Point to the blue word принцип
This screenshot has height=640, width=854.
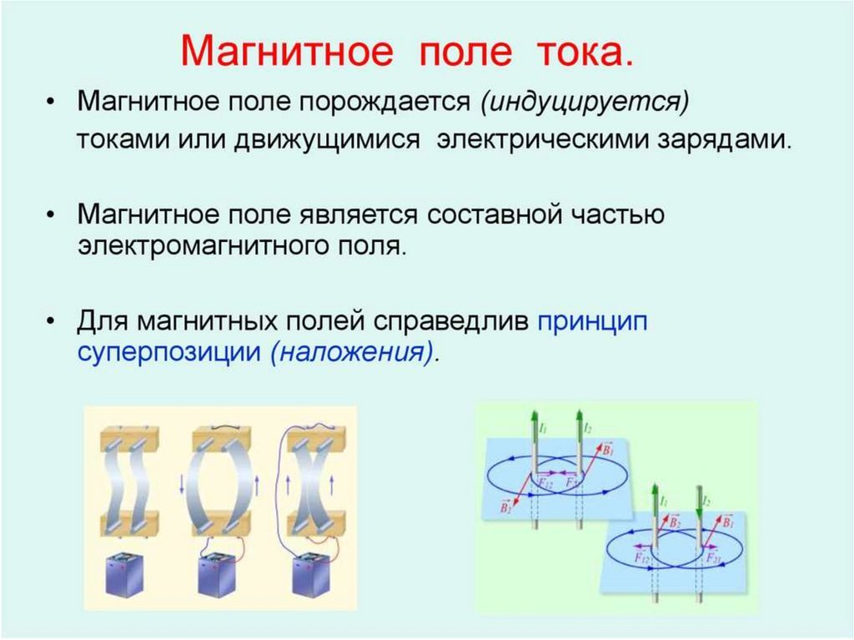click(594, 320)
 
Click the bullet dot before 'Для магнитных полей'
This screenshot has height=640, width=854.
click(52, 321)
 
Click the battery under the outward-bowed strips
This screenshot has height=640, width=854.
click(219, 575)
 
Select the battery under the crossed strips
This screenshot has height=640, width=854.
click(313, 575)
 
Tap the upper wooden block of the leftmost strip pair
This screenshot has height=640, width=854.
click(130, 439)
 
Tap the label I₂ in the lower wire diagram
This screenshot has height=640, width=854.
click(706, 501)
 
